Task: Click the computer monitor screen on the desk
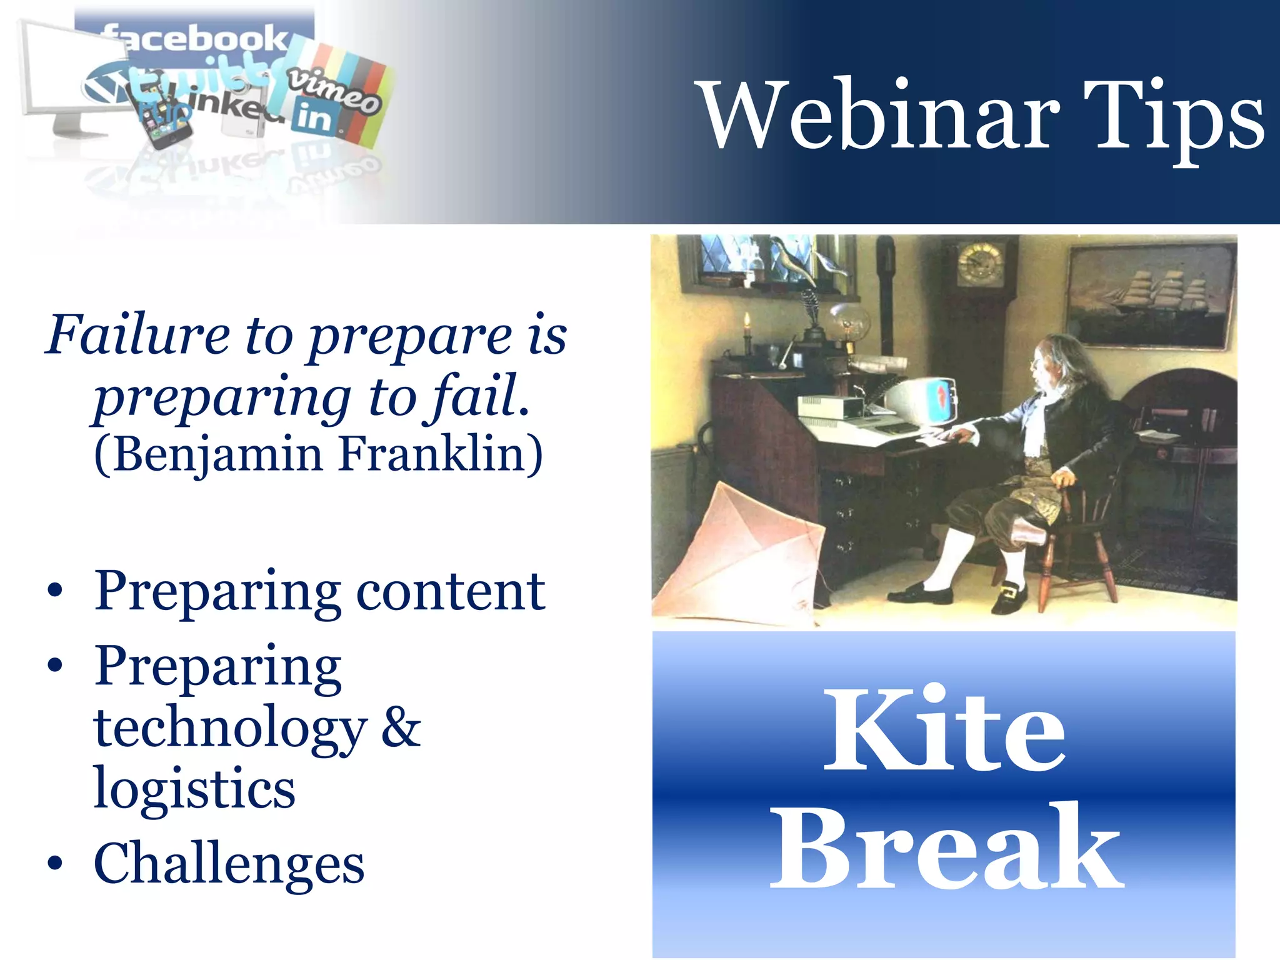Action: (x=937, y=400)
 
